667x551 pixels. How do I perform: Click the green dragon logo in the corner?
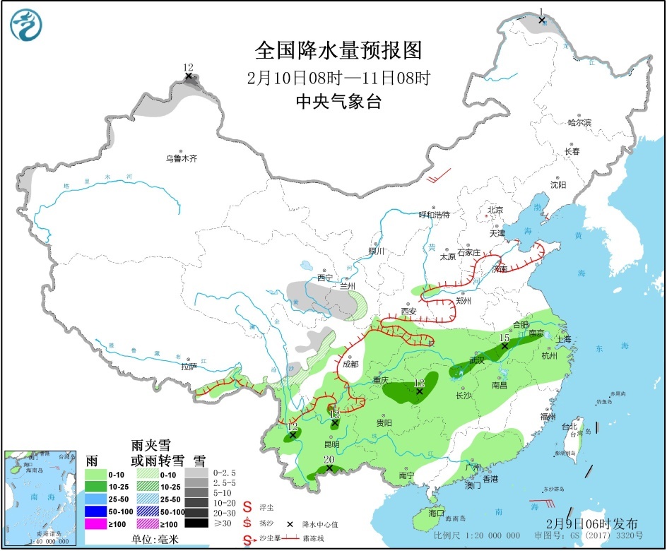[26, 25]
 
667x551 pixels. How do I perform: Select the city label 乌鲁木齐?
[182, 159]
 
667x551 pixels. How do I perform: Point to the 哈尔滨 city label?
[579, 122]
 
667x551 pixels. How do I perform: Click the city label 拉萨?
[188, 367]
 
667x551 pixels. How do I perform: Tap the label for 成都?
[350, 365]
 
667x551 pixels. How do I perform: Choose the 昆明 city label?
[331, 444]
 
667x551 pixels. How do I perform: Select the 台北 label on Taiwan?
[569, 427]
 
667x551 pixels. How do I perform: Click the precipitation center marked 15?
[504, 346]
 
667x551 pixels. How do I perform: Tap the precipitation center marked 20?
[329, 468]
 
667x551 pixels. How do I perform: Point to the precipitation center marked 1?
[541, 20]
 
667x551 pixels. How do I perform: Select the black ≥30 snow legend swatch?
[198, 523]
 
